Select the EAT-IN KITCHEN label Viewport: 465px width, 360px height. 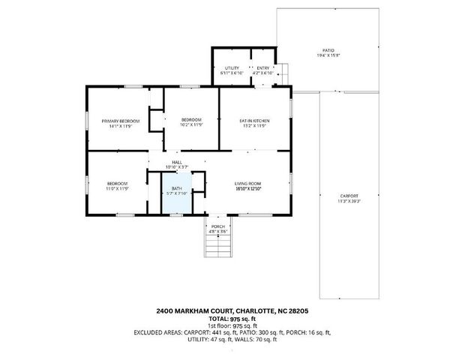pos(254,121)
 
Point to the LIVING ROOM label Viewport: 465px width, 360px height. pos(247,184)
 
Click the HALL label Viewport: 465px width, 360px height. pos(177,162)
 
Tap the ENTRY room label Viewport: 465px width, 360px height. pos(262,68)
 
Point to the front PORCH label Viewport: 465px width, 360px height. pos(217,226)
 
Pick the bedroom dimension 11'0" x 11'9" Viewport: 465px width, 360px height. pos(116,188)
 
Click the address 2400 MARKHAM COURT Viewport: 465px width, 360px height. pos(194,311)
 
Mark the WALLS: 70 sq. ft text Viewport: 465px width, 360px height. pos(256,340)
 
